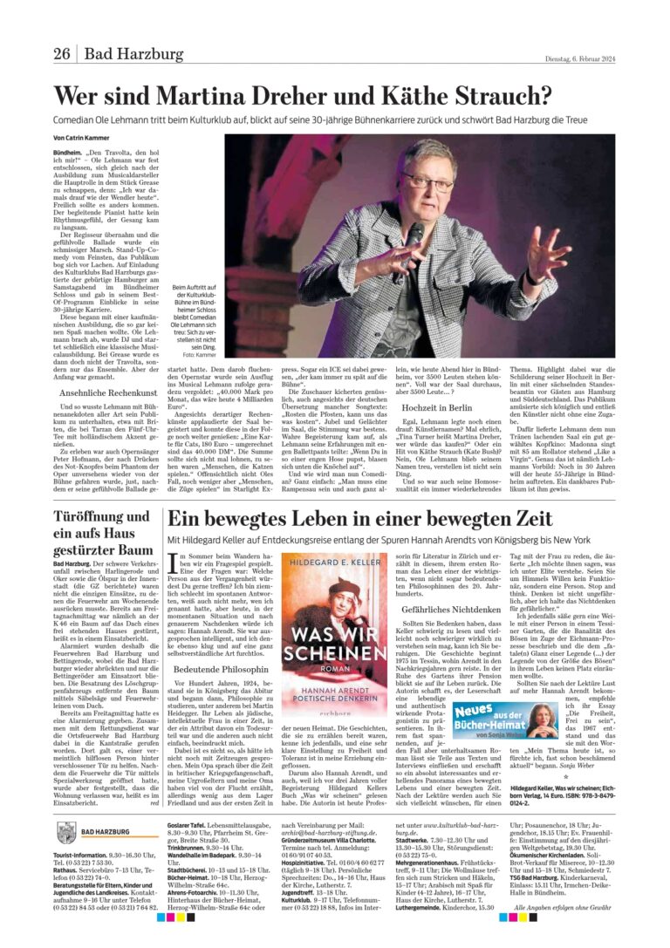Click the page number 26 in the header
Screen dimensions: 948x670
coord(61,54)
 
